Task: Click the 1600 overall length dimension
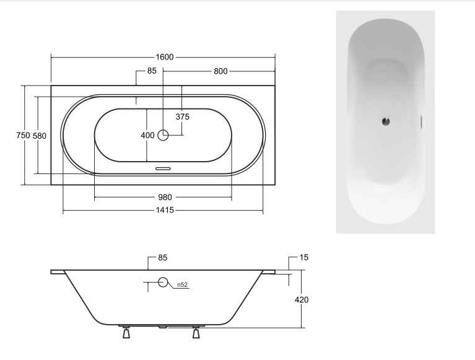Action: click(165, 57)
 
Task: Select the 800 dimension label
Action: click(221, 71)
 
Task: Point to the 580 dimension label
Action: click(39, 136)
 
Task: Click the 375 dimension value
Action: click(182, 116)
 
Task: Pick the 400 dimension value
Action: click(147, 135)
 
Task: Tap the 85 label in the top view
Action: click(152, 71)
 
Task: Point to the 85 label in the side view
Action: click(163, 257)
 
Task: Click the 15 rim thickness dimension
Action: click(303, 257)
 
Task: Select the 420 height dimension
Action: click(302, 300)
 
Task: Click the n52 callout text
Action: click(182, 285)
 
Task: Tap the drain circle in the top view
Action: click(163, 135)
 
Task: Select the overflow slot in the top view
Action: click(163, 167)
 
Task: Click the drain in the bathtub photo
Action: click(385, 121)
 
